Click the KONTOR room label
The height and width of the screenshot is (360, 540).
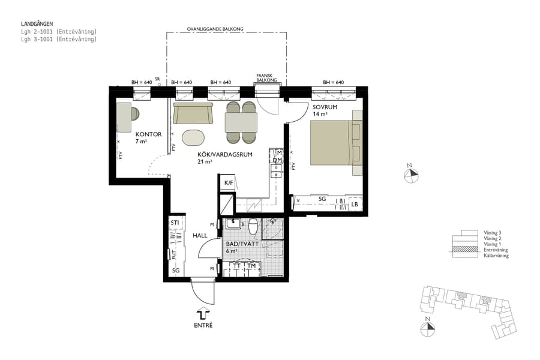(x=148, y=134)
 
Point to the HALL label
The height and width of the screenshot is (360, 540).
(x=200, y=236)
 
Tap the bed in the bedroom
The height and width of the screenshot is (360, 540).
(x=331, y=143)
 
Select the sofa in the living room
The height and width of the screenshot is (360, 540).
(x=193, y=113)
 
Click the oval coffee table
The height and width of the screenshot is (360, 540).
(x=194, y=137)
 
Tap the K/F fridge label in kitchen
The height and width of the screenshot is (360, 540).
(x=228, y=183)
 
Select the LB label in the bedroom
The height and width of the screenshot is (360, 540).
(x=355, y=205)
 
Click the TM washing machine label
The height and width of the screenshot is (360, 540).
(x=251, y=265)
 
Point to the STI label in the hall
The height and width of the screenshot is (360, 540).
(x=175, y=223)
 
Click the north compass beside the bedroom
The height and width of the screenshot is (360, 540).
(x=411, y=174)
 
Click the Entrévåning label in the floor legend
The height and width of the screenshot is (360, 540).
(x=496, y=250)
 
